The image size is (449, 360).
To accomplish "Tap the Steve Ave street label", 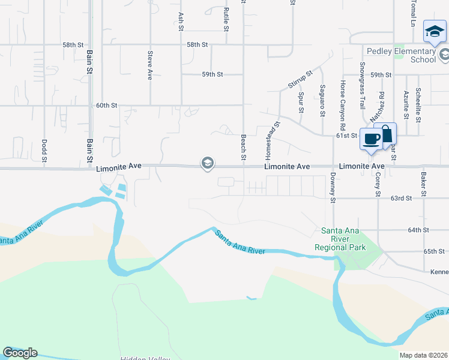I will click(150, 65).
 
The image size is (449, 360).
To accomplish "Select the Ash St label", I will click(181, 20).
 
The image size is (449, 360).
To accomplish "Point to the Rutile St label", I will click(226, 20).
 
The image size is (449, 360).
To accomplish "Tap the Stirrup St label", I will click(300, 79).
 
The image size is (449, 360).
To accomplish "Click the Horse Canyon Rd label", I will click(342, 106).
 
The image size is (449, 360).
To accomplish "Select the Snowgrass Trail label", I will click(363, 85).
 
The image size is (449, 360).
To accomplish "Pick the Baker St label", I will click(423, 184).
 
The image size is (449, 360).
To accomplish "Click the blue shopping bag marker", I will click(385, 134).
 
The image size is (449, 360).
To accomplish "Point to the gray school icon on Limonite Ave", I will click(208, 163).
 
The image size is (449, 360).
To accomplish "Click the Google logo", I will click(20, 353).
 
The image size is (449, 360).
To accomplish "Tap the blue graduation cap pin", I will click(434, 32).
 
